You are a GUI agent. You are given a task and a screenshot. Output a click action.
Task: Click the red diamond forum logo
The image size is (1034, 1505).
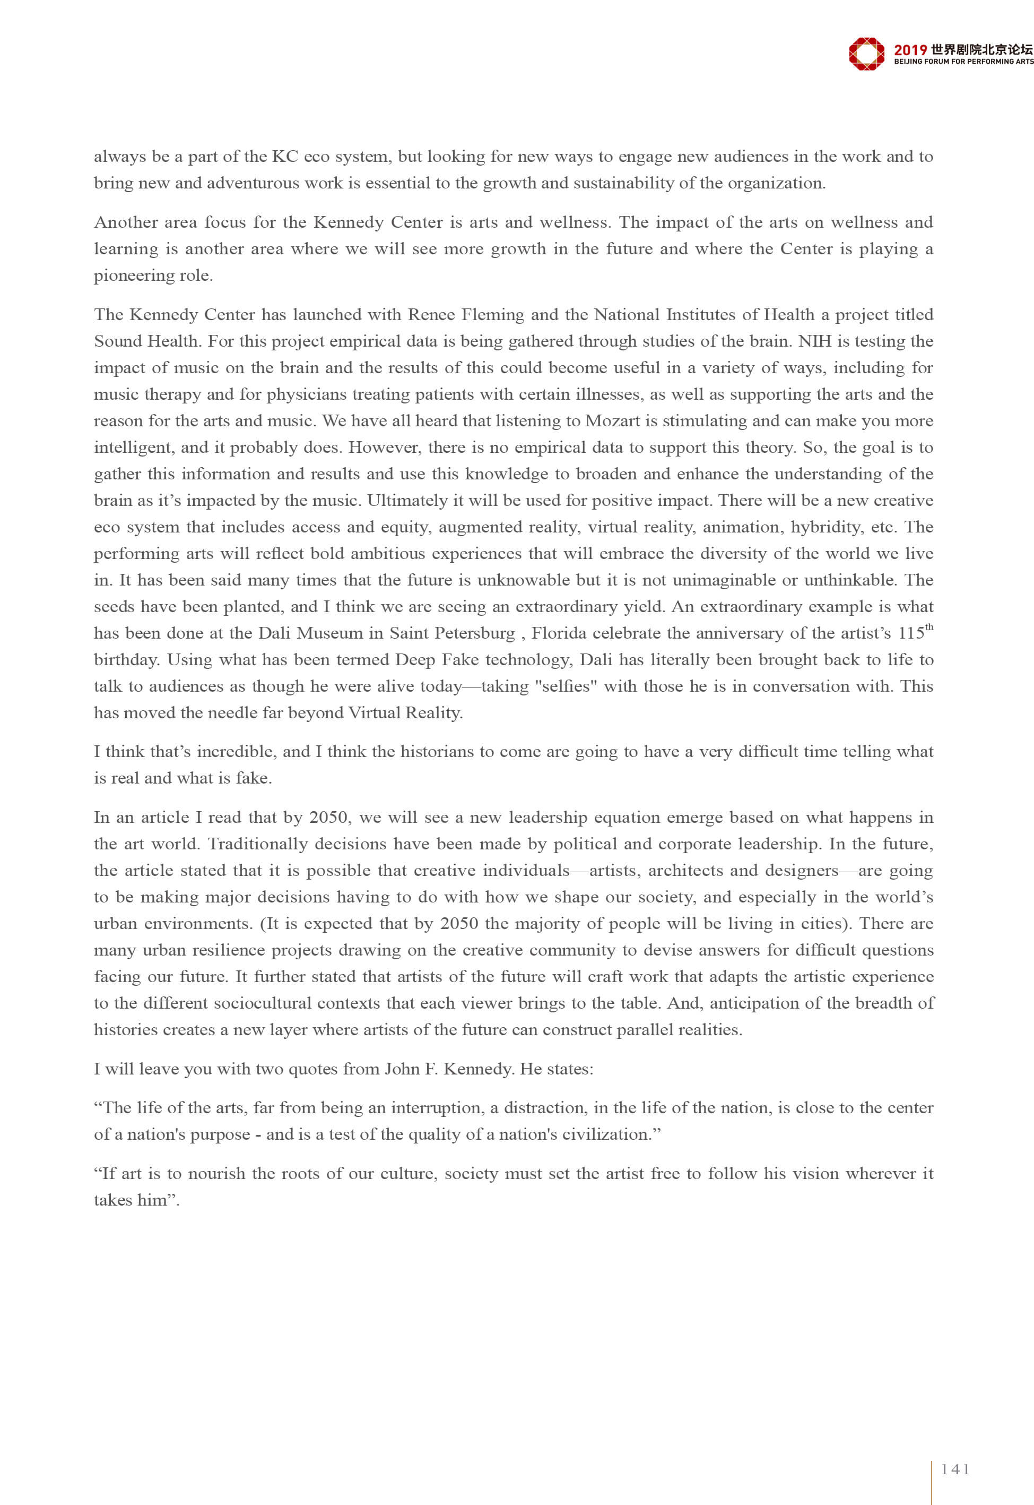click(866, 53)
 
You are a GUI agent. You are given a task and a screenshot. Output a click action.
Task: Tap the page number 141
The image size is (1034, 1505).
click(955, 1469)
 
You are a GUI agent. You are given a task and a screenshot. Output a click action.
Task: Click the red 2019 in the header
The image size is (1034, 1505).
click(910, 50)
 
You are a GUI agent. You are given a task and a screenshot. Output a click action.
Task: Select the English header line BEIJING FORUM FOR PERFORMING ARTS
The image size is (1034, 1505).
click(963, 62)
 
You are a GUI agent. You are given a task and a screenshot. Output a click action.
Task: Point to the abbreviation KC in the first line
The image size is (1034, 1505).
click(284, 157)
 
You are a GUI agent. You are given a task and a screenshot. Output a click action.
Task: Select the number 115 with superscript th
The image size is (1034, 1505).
click(915, 633)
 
